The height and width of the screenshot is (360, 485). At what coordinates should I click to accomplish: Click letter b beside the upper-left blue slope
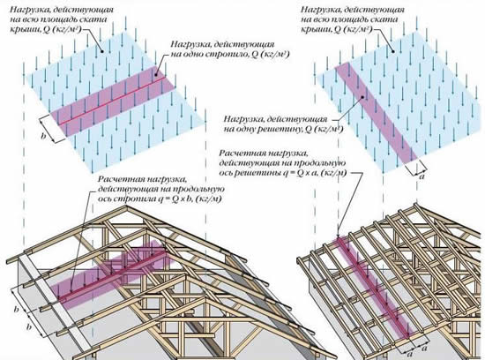coord(44,136)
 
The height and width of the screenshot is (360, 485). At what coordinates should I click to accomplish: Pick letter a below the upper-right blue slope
coord(422,177)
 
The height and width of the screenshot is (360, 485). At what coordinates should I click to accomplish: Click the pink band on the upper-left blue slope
coord(112,101)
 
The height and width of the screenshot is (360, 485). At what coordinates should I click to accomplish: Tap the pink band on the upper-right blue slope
coord(375,112)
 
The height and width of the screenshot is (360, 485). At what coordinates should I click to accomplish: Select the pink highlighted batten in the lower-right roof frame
coord(373,288)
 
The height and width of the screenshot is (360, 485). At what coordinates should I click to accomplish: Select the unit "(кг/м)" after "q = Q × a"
coord(333,173)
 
